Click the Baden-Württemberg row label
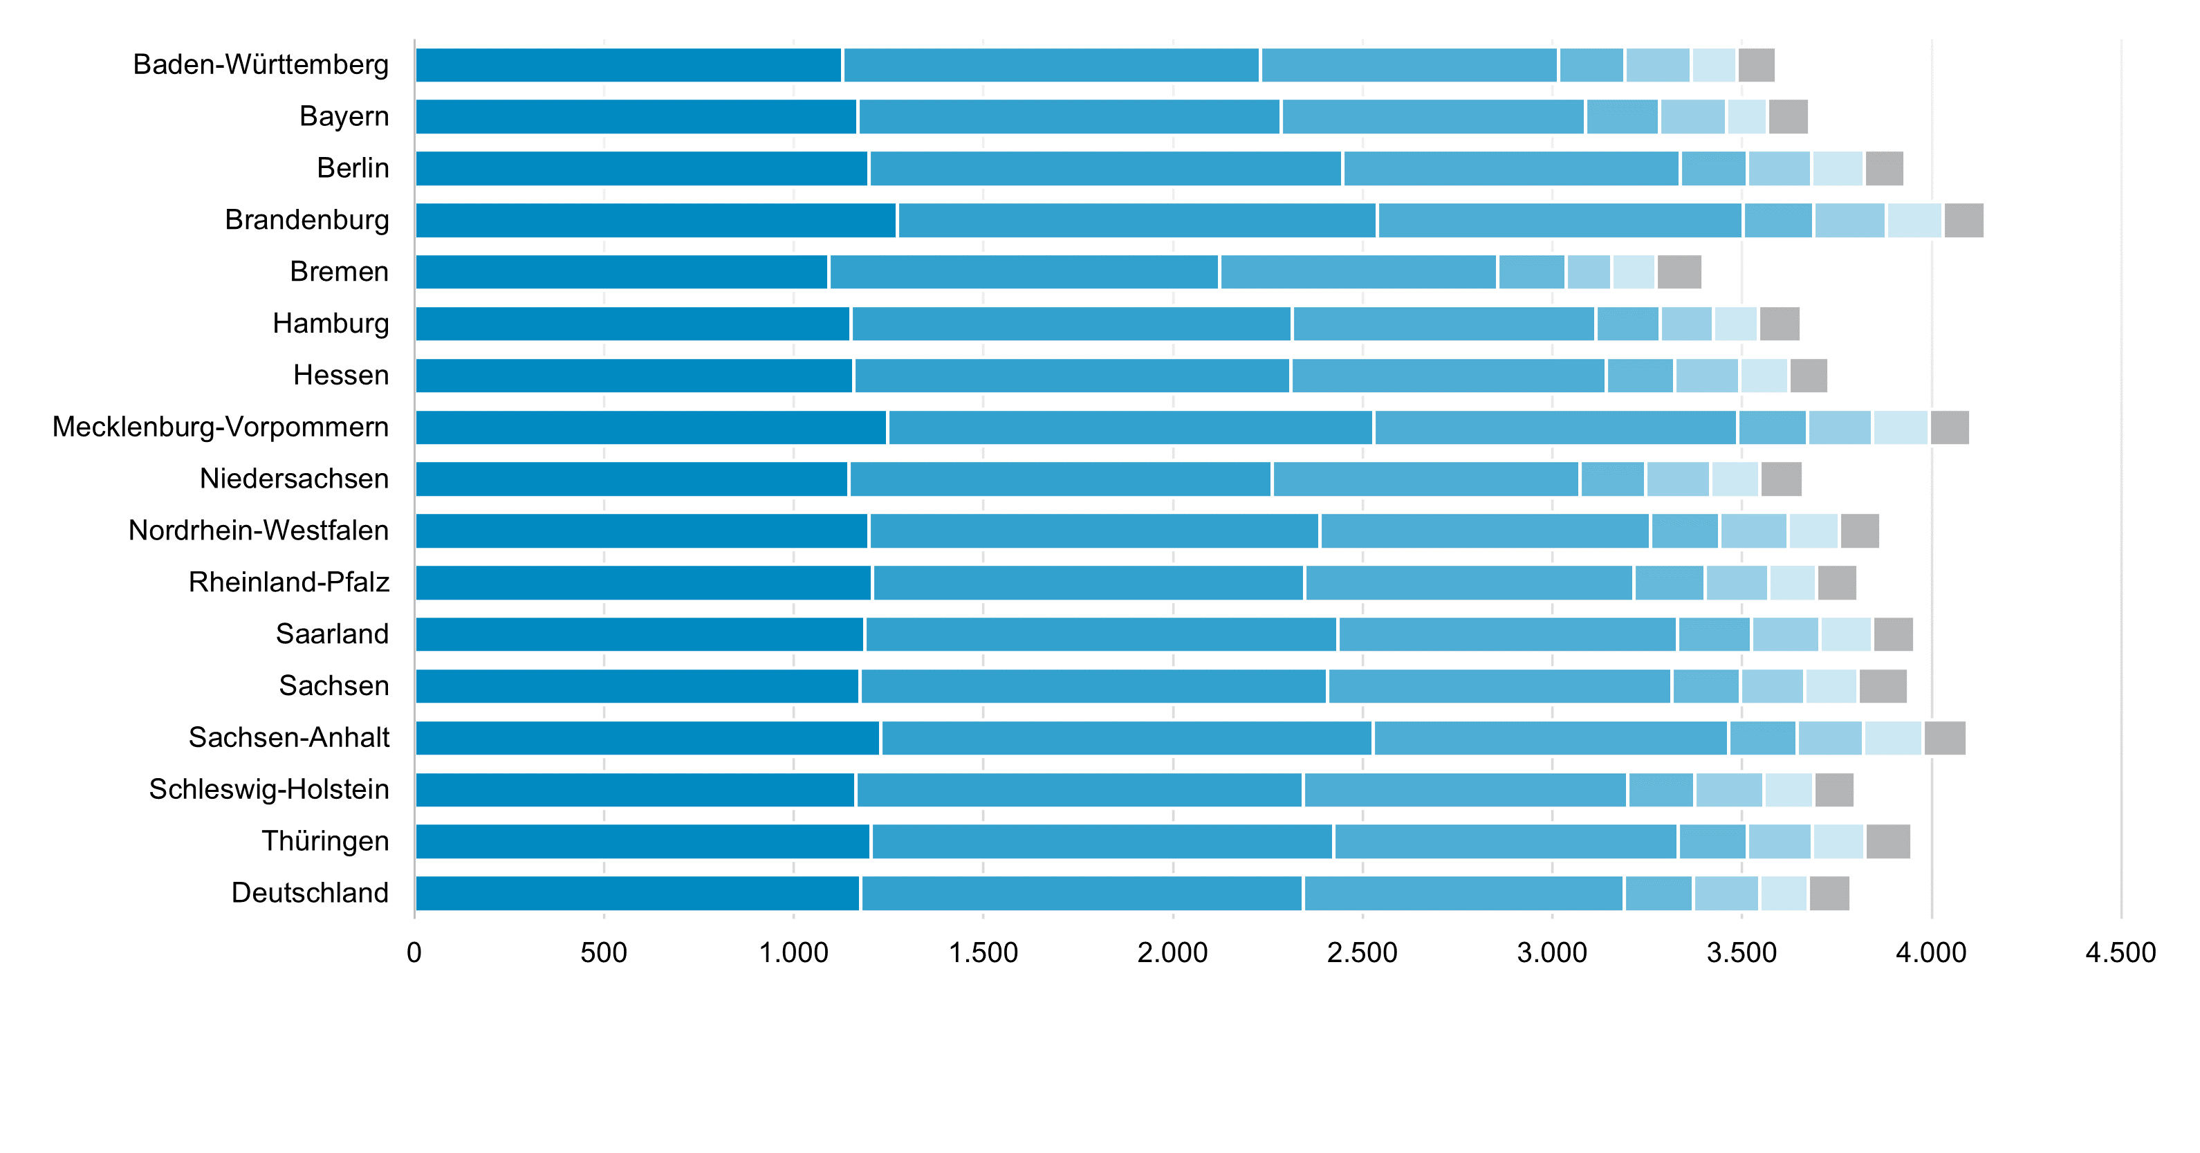pos(261,65)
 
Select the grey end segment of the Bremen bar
pos(1679,272)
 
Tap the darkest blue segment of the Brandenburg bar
pos(655,221)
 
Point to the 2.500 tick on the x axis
pos(1362,952)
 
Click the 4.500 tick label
pos(2120,952)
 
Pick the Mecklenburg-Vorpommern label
pos(221,427)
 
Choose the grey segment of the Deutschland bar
pos(1829,894)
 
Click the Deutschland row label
pos(310,894)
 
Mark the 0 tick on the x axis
pos(414,952)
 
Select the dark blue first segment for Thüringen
pos(643,841)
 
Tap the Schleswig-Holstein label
pos(269,789)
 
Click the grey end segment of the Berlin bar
pos(1884,168)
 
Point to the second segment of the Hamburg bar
pos(1071,324)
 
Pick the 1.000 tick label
pos(793,952)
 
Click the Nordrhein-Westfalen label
pos(258,531)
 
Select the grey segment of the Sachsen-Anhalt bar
pos(1945,738)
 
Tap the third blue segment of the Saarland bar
pos(1508,634)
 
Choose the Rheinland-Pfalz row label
pos(288,582)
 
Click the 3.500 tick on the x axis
pos(1741,952)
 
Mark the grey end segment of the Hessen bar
pos(1809,376)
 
